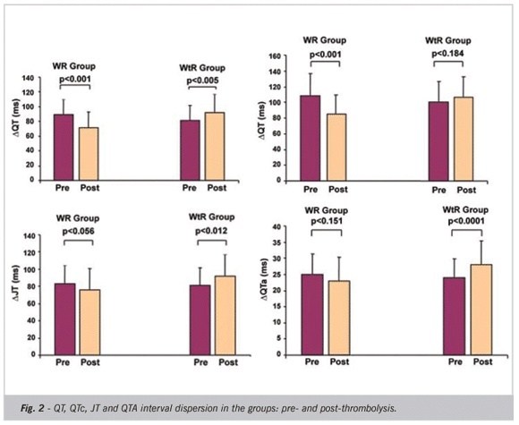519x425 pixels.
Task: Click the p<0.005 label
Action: tap(202, 81)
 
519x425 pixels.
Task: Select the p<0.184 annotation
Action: tap(448, 54)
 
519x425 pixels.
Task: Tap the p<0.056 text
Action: tap(79, 231)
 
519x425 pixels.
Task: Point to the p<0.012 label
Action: tap(211, 231)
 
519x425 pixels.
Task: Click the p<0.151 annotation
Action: tap(327, 221)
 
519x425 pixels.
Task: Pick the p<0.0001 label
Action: tap(466, 221)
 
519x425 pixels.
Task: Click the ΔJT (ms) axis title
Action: tap(16, 283)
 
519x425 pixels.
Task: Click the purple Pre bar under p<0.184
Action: tap(438, 141)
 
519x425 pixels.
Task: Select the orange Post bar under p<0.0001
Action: tap(481, 310)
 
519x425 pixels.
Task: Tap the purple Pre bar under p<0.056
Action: tap(64, 319)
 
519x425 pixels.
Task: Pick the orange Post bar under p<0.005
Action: tap(215, 147)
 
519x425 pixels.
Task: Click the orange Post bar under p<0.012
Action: tap(225, 316)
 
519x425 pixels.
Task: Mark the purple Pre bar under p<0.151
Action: tap(312, 314)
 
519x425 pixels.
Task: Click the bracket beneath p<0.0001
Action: tap(467, 230)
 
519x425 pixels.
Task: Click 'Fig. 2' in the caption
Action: tap(32, 408)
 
